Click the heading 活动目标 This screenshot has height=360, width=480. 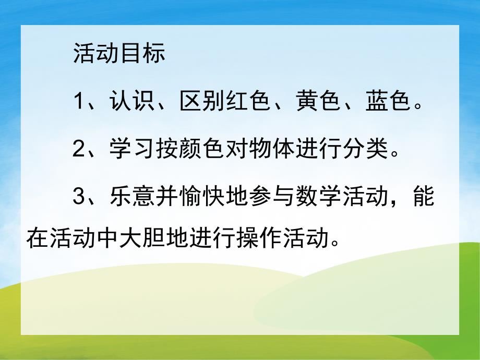pos(119,54)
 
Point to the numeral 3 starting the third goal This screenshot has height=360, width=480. pos(79,198)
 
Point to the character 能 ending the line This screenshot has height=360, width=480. pos(423,198)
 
